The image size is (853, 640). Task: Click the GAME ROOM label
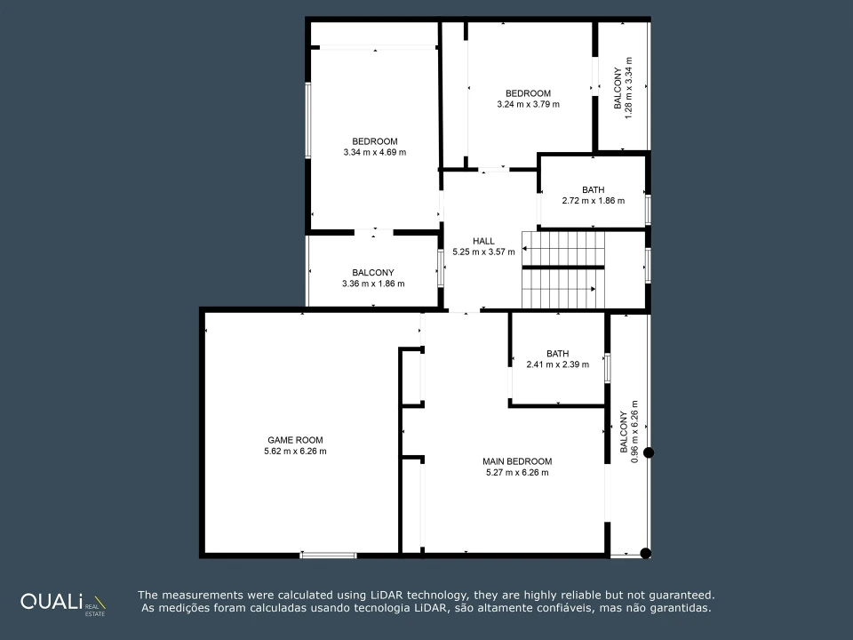295,440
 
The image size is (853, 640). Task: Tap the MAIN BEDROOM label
517,461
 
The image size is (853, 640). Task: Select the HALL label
483,241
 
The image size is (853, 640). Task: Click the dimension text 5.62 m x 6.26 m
295,452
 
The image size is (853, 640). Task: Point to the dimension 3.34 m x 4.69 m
375,152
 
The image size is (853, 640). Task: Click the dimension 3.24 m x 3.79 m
528,105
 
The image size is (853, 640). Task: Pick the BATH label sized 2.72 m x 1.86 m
593,190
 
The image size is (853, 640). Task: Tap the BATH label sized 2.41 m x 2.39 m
558,354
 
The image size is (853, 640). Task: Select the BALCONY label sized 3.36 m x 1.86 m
373,273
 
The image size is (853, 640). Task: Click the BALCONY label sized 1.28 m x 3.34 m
618,88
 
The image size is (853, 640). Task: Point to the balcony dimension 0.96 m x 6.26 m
634,432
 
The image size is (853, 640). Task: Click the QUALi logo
63,603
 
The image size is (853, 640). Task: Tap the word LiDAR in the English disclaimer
391,596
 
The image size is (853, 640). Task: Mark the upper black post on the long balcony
649,452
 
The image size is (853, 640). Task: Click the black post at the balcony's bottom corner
646,554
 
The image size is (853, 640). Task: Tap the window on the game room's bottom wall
328,555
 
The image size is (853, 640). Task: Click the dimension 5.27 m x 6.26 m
517,472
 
